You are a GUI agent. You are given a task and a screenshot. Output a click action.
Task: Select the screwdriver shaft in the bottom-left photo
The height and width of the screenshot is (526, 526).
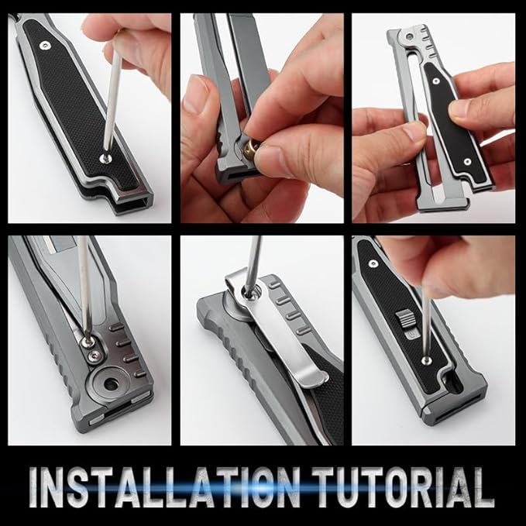[83, 287]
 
